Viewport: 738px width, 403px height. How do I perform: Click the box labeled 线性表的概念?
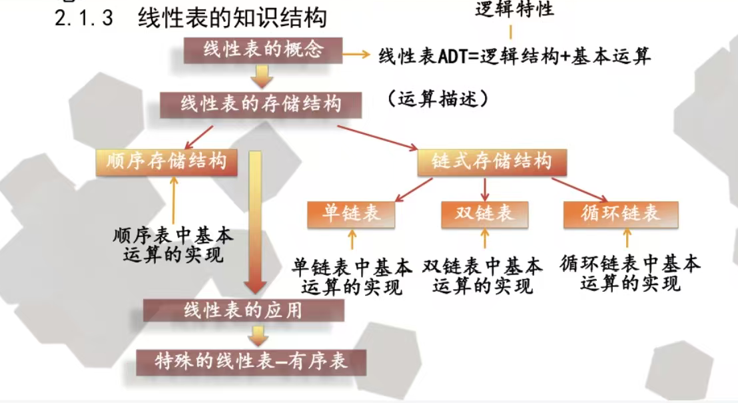tap(262, 50)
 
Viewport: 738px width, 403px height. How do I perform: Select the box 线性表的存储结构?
tap(260, 105)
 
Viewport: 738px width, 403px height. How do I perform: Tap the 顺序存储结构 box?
tap(167, 163)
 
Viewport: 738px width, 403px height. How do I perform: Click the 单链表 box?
tap(351, 214)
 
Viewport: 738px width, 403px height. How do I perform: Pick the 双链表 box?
tap(485, 214)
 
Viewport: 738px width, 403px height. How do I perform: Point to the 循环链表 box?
tap(621, 214)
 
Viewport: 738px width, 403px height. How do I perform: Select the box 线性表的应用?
tap(244, 310)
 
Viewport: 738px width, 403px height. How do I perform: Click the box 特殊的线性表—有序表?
tap(251, 362)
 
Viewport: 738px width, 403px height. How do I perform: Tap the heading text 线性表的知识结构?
tap(232, 18)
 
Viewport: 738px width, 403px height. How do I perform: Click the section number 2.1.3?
tap(84, 19)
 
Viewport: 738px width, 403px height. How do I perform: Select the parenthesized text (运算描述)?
tap(438, 99)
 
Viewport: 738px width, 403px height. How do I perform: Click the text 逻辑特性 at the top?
tap(514, 9)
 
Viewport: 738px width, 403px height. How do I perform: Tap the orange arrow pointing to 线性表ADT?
tap(356, 55)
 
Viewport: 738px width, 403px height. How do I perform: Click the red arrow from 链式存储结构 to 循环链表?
tap(580, 190)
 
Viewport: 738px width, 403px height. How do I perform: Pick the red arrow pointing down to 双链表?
tap(485, 189)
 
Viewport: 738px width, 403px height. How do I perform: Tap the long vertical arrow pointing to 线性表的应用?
tap(255, 222)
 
